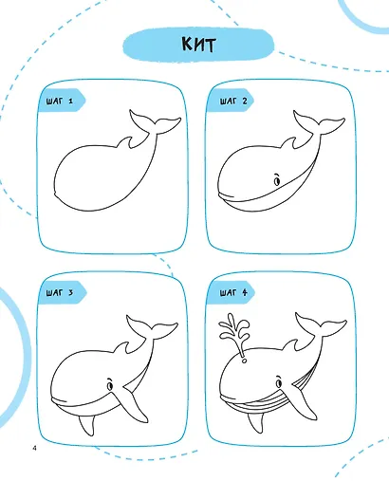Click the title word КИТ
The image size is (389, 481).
tap(198, 45)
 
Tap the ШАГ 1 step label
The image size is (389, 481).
tap(60, 102)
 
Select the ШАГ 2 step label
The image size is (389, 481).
tap(233, 102)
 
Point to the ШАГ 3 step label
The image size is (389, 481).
tap(60, 292)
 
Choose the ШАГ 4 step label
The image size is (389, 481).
tap(233, 292)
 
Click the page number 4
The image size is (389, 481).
tap(34, 448)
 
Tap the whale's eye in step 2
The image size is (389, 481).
tap(277, 180)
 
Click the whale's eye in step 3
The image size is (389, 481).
tap(110, 385)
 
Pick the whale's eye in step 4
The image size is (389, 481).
tap(279, 382)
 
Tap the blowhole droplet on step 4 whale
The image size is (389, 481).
tap(244, 361)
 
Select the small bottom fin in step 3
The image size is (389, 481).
tap(86, 425)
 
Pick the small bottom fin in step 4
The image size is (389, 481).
tap(255, 423)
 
